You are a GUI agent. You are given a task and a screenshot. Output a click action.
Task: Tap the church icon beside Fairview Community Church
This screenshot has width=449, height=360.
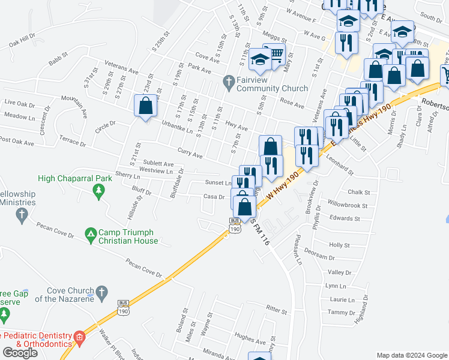(x=228, y=80)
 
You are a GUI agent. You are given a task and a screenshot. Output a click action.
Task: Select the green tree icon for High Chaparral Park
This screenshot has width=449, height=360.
(x=98, y=190)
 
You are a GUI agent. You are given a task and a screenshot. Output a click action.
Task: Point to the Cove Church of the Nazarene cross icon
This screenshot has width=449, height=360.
(x=101, y=293)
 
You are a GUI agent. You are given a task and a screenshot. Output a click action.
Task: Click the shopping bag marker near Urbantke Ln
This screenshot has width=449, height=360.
(x=146, y=107)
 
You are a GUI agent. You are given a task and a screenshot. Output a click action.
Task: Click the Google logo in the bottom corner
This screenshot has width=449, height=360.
(x=20, y=353)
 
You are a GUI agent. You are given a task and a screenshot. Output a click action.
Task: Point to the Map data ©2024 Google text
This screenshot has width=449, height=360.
(x=412, y=355)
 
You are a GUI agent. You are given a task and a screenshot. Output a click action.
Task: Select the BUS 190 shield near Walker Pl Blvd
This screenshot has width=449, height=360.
(x=124, y=307)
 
